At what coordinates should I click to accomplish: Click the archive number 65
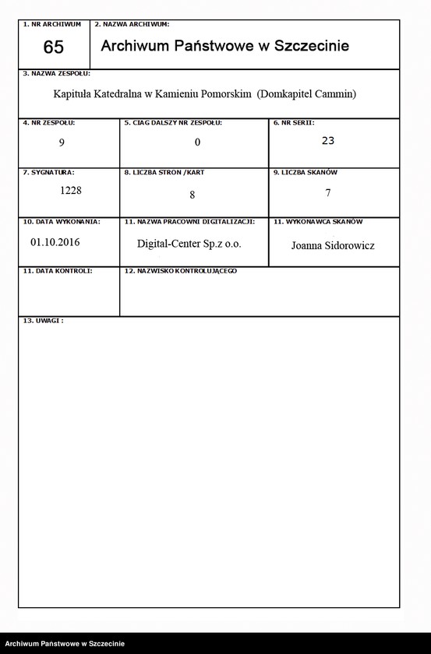(53, 47)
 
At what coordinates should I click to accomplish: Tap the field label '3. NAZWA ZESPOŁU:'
(55, 73)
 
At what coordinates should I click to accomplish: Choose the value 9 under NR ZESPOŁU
(62, 142)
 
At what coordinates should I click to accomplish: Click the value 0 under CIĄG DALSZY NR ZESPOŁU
(198, 142)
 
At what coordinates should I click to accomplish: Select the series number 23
(327, 141)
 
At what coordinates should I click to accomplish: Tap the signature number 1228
(71, 190)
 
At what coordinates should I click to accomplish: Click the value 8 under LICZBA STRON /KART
(192, 194)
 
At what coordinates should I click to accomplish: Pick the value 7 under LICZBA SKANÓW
(328, 192)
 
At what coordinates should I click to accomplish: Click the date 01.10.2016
(55, 241)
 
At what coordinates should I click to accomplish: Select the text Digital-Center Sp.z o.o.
(189, 244)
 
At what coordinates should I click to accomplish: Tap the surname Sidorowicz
(352, 245)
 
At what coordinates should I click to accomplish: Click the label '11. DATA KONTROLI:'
(58, 271)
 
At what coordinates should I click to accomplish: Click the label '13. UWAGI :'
(43, 320)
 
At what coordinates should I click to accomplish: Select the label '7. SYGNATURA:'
(48, 171)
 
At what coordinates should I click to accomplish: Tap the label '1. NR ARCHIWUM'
(52, 25)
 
